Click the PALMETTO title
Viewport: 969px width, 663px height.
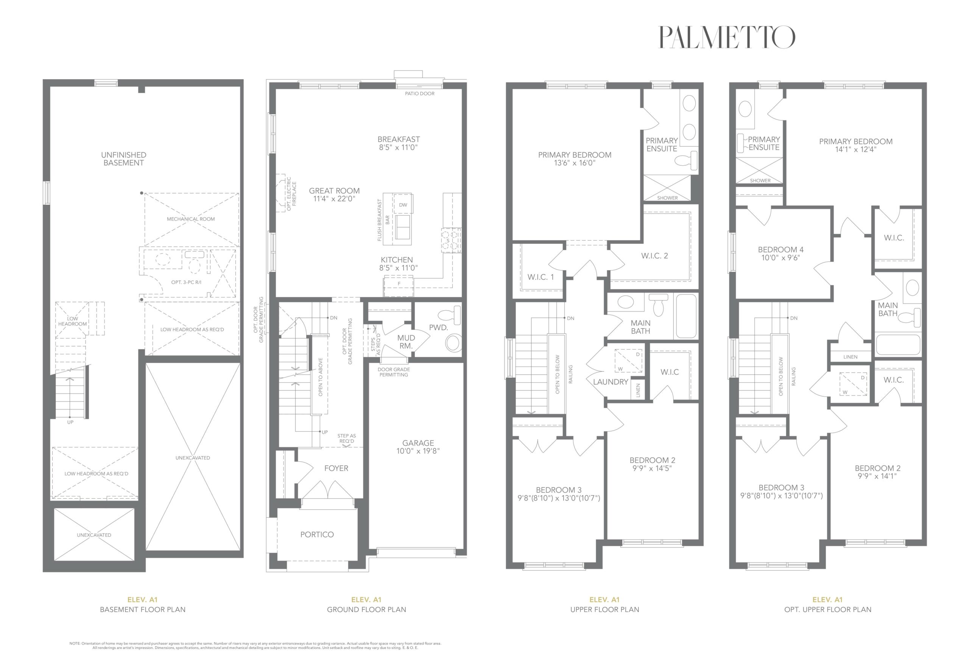tap(726, 37)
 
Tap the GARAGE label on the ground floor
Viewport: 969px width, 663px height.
tap(418, 443)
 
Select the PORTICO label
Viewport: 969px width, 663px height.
tap(317, 535)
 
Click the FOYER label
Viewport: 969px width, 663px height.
tap(336, 468)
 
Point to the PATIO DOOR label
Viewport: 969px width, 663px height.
tap(419, 94)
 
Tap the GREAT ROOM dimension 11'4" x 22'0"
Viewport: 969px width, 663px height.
tap(334, 199)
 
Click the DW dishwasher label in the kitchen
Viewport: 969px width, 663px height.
tap(403, 205)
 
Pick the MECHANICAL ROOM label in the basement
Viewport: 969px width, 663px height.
tap(191, 219)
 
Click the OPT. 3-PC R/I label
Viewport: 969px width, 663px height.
tap(186, 282)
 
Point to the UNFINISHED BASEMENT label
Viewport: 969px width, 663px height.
tap(123, 159)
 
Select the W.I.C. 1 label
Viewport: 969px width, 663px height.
tap(541, 277)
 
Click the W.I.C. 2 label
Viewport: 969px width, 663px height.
tap(654, 255)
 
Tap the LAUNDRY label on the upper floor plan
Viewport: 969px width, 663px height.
tap(611, 381)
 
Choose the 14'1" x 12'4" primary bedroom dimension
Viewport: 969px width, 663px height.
tap(855, 149)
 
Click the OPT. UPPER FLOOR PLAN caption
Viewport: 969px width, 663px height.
tap(828, 609)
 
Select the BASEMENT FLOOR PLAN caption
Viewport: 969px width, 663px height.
tap(143, 609)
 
